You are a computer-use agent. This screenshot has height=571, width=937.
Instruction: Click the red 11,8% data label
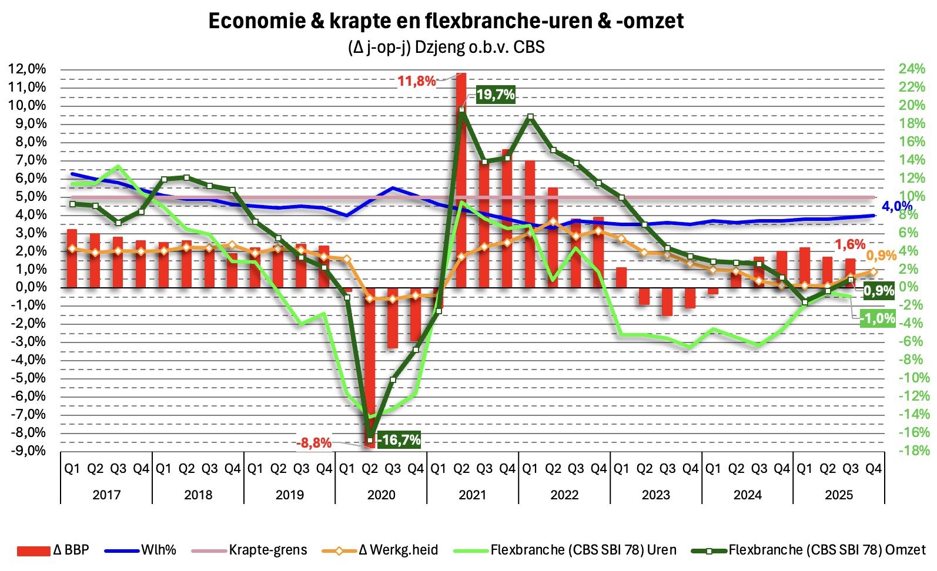tap(416, 81)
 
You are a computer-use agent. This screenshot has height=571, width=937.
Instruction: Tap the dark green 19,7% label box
tap(495, 95)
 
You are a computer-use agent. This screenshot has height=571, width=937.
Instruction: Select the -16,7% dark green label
tap(399, 440)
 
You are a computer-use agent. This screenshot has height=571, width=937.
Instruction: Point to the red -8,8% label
tap(313, 443)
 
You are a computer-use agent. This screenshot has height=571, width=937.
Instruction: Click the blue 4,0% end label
tap(896, 206)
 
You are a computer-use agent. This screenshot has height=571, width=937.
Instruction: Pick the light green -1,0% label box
tap(878, 319)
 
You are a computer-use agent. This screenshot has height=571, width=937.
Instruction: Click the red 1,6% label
tap(850, 244)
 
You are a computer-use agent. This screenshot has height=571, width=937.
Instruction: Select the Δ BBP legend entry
tap(53, 550)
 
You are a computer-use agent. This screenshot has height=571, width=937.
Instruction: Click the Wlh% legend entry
tap(140, 550)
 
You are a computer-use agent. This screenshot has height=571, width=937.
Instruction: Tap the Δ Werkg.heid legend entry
tap(381, 550)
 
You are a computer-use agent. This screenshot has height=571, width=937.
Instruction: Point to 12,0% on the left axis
tap(27, 69)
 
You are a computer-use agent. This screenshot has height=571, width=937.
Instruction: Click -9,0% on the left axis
tap(27, 451)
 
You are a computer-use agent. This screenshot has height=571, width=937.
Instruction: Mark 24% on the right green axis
tap(912, 69)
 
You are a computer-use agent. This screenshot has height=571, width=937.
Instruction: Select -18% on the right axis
tap(913, 451)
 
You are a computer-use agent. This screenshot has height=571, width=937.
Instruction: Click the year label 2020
tap(381, 495)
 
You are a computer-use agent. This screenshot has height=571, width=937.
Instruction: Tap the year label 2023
tap(655, 495)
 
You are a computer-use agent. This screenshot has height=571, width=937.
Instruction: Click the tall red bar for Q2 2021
tap(461, 176)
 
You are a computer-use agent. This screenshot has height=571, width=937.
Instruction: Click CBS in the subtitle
tap(529, 47)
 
